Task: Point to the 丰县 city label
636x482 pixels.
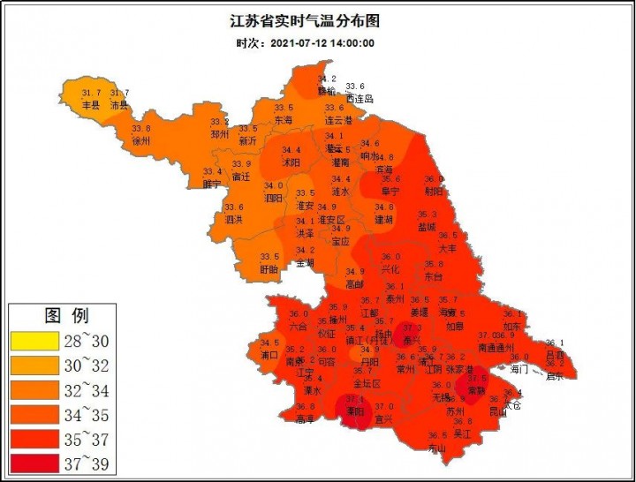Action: (91, 105)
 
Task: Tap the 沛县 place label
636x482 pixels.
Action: (119, 105)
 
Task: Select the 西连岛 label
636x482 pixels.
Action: (360, 98)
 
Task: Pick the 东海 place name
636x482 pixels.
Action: (284, 119)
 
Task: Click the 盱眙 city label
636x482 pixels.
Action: (269, 268)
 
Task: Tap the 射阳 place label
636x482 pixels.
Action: (434, 191)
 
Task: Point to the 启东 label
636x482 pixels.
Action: (554, 374)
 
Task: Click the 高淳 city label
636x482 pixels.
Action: (306, 418)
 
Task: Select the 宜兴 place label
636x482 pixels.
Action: (383, 418)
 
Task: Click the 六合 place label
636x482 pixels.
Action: (299, 326)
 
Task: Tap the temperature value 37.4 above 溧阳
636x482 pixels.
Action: (356, 399)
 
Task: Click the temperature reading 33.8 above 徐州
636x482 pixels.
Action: (141, 129)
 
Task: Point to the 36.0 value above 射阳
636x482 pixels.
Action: (434, 179)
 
